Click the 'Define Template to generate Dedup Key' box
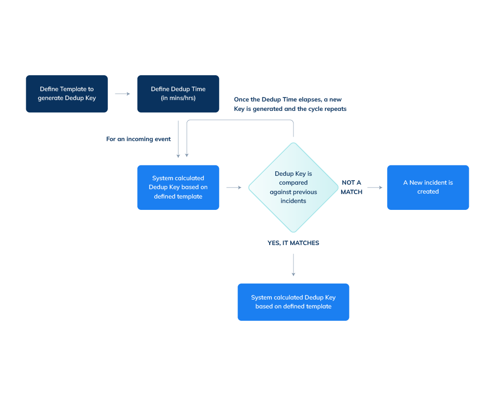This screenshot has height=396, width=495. point(67,94)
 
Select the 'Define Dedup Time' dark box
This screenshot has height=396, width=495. point(178,94)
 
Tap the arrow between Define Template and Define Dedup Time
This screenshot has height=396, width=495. point(122,94)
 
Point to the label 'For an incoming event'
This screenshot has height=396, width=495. point(139,139)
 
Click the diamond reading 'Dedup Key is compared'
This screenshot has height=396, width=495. point(294,188)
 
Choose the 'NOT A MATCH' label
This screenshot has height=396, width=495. point(351,187)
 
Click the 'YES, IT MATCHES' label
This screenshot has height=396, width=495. point(294,243)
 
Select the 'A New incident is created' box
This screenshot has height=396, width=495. point(428,187)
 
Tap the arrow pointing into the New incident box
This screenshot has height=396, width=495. point(375,188)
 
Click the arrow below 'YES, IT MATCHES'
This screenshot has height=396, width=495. point(294,265)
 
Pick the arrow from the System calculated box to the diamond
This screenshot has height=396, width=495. point(234,188)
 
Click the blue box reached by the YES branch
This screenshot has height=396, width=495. point(294,302)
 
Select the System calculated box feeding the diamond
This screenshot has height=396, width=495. point(178,188)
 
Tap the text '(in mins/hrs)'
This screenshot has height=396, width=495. point(178,98)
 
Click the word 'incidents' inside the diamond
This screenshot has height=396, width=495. point(294,201)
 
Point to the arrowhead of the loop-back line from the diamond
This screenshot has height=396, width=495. point(187,155)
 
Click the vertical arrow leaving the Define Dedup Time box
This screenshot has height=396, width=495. point(178,139)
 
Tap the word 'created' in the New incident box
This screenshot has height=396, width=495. point(428,192)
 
